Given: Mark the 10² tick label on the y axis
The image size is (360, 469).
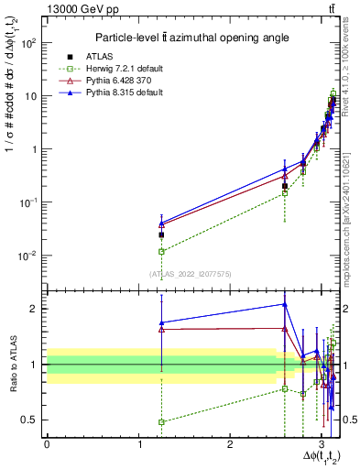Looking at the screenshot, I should pos(29,42).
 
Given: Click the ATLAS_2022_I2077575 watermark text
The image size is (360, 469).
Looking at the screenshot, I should pos(190,273).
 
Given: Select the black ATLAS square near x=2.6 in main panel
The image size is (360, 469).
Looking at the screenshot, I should pos(285,186).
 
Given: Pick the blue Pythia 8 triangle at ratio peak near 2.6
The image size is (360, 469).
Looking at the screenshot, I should pos(285,305).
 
